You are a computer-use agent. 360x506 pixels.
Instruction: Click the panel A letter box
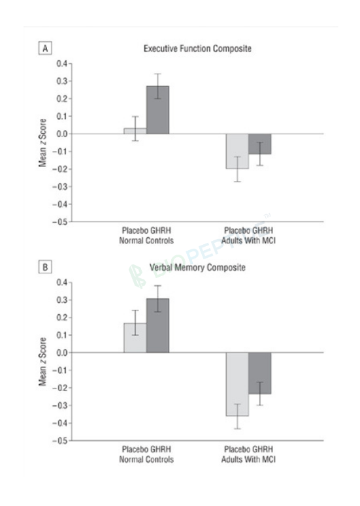point(45,48)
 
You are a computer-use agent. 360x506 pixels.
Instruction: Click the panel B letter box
point(45,267)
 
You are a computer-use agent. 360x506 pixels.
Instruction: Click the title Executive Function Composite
point(197,49)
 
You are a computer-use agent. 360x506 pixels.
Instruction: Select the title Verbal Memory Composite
point(197,268)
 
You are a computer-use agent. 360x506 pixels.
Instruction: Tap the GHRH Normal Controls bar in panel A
point(157,110)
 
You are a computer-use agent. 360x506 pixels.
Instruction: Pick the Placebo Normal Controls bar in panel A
point(135,131)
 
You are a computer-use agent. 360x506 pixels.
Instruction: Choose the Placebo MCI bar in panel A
point(237,151)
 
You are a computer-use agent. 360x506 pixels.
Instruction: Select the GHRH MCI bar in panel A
point(259,144)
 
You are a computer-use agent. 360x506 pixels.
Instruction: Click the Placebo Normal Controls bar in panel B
point(135,338)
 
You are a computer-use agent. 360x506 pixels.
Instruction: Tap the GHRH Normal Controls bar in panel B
point(157,326)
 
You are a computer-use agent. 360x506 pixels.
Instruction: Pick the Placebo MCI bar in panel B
point(237,384)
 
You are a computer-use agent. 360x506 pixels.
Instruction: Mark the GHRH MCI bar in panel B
point(259,373)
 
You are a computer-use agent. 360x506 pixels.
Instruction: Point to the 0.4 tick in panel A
point(70,63)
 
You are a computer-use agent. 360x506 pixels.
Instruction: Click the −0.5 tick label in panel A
point(59,222)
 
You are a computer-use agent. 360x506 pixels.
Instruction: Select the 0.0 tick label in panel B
point(62,353)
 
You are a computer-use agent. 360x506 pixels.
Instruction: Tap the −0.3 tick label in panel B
point(59,405)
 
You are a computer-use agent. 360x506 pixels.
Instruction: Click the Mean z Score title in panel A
point(42,142)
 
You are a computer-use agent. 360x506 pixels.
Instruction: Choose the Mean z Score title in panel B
point(42,362)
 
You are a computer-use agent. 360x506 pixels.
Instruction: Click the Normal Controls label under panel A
point(146,241)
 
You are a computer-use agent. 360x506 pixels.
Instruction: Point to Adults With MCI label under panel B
point(248,460)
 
